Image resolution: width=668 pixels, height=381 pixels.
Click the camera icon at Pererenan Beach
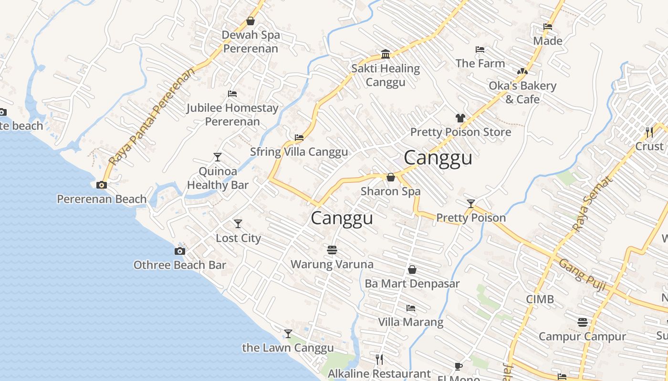tap(102, 185)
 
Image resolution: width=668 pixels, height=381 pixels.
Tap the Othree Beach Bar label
tap(180, 265)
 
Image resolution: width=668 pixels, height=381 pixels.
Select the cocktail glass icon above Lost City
tap(238, 224)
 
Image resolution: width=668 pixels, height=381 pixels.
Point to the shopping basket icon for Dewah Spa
tap(250, 21)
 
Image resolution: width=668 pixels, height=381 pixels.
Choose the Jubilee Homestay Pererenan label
tap(232, 115)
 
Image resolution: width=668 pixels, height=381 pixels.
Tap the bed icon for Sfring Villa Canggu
tap(299, 138)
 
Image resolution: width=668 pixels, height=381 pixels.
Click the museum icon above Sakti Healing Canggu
tap(386, 54)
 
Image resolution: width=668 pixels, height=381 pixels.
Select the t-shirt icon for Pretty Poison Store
tap(460, 118)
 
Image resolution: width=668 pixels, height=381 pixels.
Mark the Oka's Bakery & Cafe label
tap(522, 92)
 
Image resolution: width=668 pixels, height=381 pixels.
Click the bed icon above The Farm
tap(480, 50)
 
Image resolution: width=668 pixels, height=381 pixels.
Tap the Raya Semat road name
tap(592, 204)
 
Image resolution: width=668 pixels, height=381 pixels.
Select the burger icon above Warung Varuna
tap(332, 250)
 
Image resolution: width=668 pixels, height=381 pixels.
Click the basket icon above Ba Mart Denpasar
tap(412, 270)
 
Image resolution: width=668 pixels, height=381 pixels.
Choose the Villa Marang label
tap(411, 322)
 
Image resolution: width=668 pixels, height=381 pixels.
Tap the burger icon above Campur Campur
tap(582, 322)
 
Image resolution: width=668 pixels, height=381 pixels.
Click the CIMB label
tap(540, 300)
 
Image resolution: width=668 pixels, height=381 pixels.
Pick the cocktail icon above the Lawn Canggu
tap(288, 334)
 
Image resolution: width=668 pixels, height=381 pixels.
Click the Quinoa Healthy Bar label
tap(218, 178)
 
